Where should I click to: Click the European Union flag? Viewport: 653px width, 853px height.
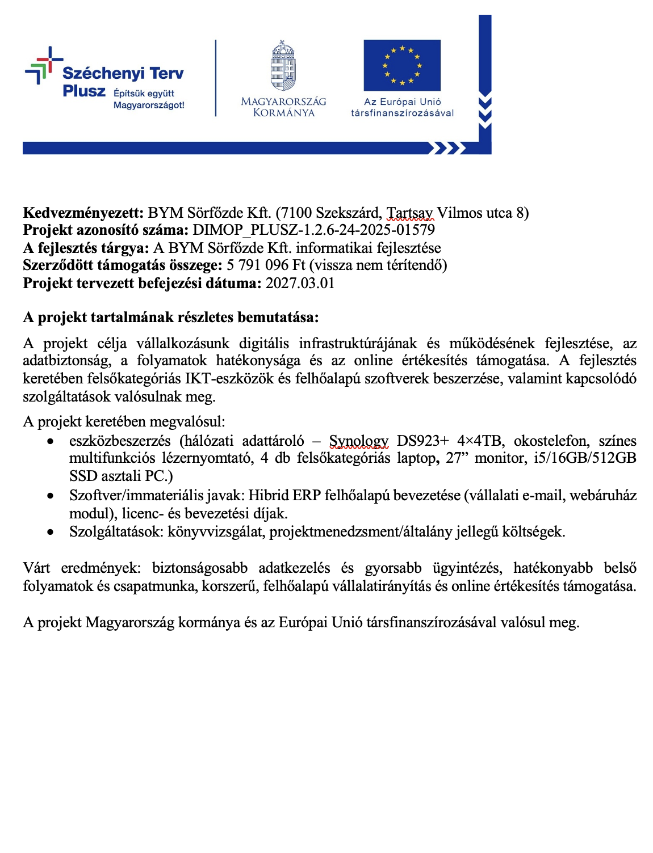coord(402,65)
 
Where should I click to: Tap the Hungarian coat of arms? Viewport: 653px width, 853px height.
coord(283,66)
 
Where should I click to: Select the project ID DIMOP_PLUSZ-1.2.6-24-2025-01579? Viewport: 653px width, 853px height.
coord(313,230)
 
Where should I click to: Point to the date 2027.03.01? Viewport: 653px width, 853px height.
coord(300,283)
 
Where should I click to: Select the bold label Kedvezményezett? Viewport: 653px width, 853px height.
coord(83,213)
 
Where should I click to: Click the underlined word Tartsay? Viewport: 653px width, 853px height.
coord(409,213)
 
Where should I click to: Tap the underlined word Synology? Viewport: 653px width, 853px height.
coord(358,441)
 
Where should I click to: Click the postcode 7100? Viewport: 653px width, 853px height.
coord(296,213)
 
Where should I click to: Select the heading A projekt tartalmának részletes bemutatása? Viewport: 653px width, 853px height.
coord(171,317)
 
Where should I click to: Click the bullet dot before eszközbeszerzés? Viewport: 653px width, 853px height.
coord(51,441)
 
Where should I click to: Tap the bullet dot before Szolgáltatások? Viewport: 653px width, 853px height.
coord(51,532)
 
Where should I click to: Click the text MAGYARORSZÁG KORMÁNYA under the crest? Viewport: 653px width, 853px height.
coord(283,107)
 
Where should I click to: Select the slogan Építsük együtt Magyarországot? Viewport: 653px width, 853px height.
coord(149,99)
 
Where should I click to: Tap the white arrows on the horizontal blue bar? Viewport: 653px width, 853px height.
coord(446,149)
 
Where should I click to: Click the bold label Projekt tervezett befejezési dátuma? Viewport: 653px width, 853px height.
coord(142,283)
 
